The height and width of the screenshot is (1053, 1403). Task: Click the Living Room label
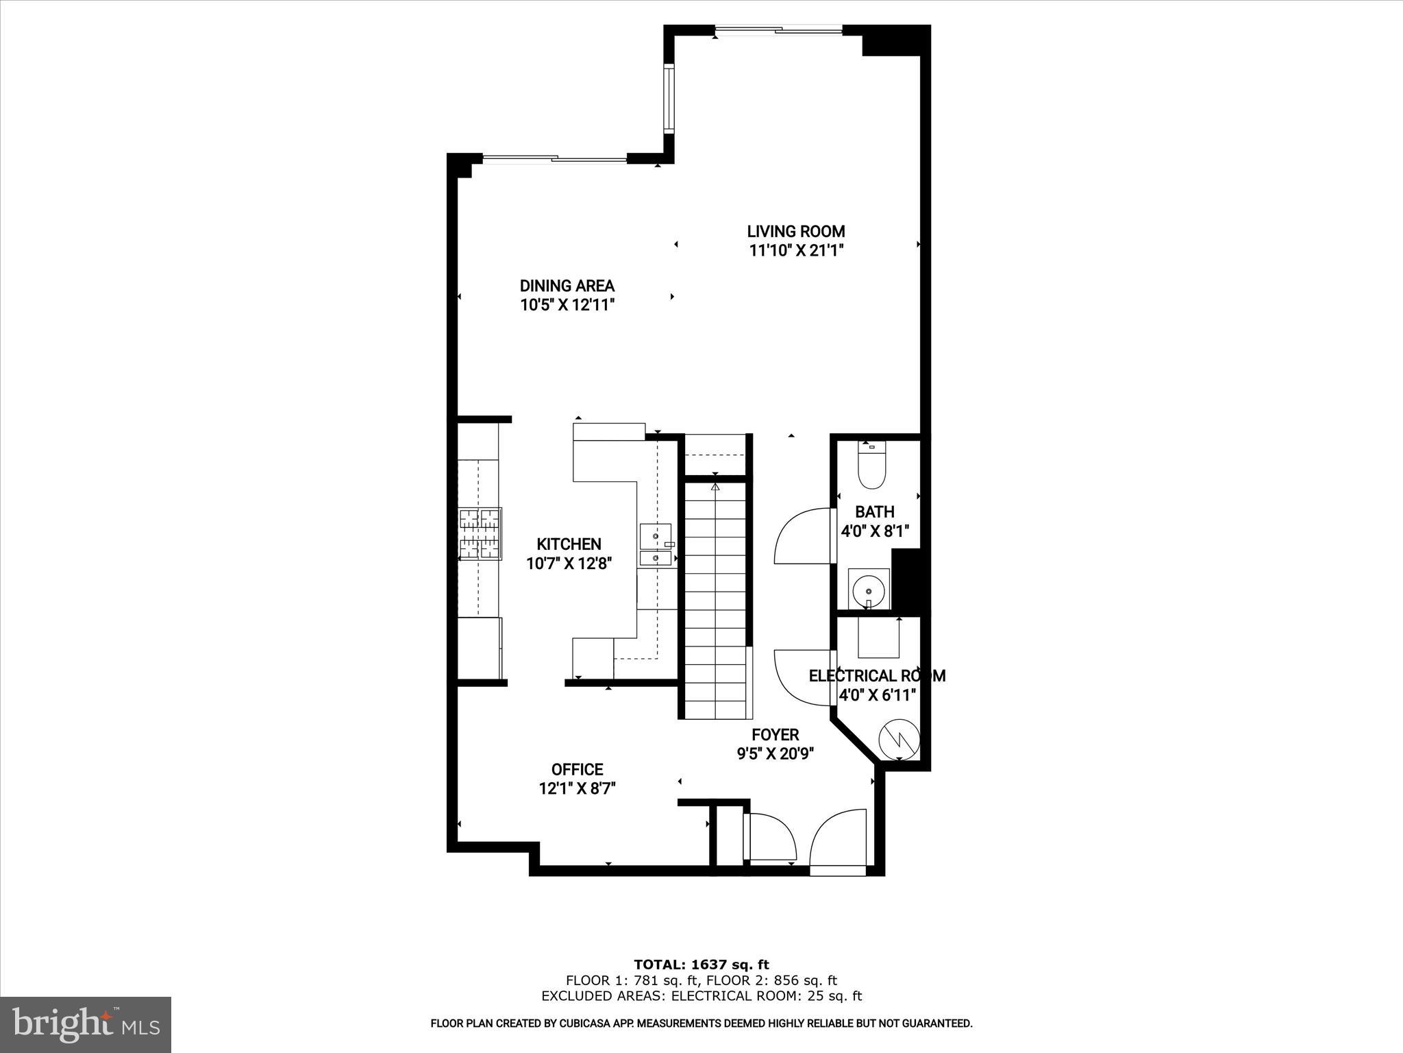pos(795,232)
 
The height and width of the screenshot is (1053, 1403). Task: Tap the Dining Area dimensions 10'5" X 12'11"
pos(567,305)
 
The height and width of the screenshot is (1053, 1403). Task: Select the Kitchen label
pos(569,544)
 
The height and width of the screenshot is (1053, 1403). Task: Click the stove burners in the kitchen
pos(480,533)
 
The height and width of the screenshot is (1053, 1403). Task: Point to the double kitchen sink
pos(656,546)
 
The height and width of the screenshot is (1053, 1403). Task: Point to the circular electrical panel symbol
pos(898,738)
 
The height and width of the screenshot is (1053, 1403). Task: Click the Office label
pos(577,770)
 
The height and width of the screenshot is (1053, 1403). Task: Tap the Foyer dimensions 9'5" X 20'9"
pos(775,754)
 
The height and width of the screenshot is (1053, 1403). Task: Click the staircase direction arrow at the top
pos(715,488)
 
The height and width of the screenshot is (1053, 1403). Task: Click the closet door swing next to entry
pos(771,837)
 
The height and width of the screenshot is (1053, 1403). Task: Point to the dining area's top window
pos(554,159)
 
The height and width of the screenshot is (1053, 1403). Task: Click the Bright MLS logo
pos(86,1025)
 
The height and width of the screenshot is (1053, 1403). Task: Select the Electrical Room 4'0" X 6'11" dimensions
pos(878,695)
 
